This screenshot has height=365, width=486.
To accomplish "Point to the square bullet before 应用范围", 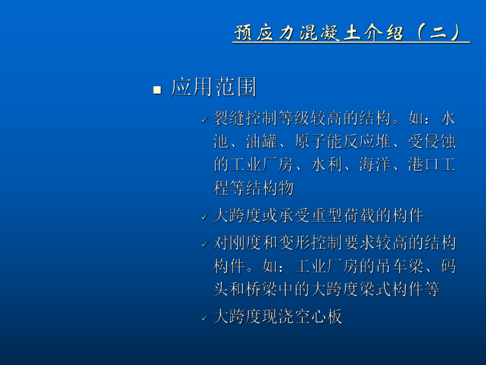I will click(156, 89).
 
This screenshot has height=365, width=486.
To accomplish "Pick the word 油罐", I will click(262, 142).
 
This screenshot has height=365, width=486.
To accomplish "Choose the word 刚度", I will click(246, 244).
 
